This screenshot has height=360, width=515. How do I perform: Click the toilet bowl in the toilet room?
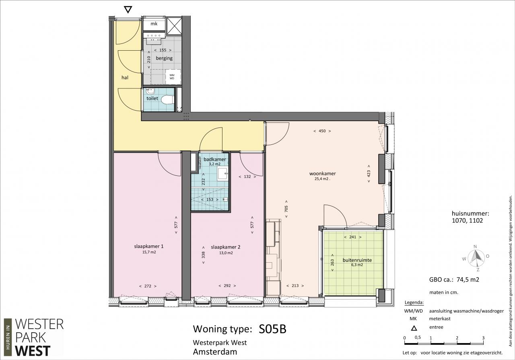coord(167,100)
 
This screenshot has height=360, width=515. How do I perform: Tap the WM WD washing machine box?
coord(173,76)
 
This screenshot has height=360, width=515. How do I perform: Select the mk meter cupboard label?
coord(154,24)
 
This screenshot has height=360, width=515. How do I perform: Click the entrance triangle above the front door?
coord(128,9)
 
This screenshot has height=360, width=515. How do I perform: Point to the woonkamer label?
coord(322,173)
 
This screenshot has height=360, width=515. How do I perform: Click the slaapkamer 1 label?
coord(148,246)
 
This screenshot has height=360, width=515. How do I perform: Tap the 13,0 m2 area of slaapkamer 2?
coord(226,253)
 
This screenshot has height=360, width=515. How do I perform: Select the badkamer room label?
coord(215,159)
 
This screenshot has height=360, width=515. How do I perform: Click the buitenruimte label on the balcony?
coord(357,260)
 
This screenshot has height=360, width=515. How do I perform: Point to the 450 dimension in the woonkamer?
coord(322,131)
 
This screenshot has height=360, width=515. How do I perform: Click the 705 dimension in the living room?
coord(286,209)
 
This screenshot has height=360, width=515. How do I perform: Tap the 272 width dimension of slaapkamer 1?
coord(148,286)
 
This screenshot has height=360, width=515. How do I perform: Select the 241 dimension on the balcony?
coord(352,237)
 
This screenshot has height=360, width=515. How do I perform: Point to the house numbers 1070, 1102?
coord(467,221)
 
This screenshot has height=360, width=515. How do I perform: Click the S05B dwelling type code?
coord(272,329)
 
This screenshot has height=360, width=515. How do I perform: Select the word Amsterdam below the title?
coord(215,352)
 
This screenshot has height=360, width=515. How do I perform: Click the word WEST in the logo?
coord(33,351)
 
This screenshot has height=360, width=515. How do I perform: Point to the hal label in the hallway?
coord(125,78)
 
